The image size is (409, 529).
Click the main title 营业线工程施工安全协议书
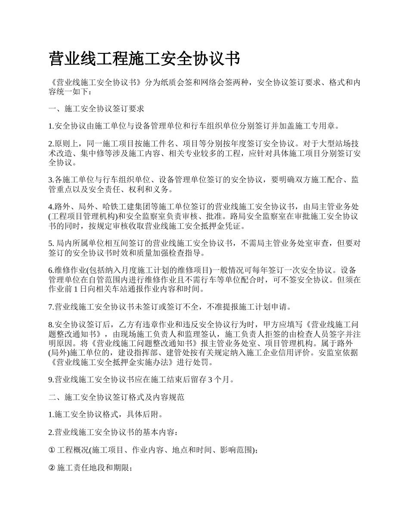coord(144,59)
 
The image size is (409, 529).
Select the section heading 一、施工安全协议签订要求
coord(96,109)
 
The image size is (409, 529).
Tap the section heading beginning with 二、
coord(117,397)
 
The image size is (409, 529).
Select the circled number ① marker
coord(52,450)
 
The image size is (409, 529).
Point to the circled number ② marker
coord(52,468)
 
